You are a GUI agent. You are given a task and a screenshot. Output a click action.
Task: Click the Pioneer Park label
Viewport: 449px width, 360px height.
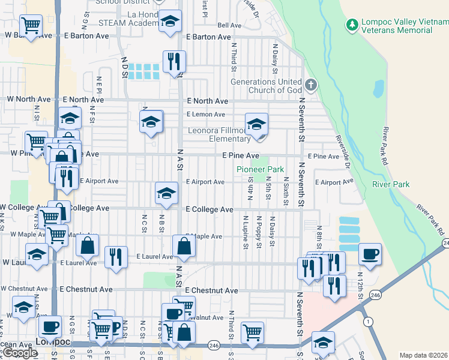(x=260, y=170)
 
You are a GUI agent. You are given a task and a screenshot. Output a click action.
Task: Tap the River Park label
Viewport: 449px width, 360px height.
(x=391, y=184)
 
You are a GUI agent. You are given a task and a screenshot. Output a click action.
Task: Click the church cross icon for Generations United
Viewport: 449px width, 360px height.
(x=310, y=84)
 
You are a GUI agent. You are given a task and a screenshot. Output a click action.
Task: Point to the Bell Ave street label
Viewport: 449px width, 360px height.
(x=229, y=26)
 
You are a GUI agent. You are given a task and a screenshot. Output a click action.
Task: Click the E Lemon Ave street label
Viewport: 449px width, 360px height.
(x=205, y=114)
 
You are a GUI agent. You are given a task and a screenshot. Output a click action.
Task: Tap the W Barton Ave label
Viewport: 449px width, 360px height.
(x=28, y=36)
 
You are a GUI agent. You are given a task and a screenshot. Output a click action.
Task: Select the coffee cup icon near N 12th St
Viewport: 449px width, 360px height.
(x=370, y=253)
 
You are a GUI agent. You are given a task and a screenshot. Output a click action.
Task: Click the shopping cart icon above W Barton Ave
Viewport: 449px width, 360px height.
(x=29, y=25)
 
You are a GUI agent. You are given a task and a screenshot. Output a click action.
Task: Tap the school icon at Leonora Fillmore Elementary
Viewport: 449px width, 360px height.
(x=256, y=124)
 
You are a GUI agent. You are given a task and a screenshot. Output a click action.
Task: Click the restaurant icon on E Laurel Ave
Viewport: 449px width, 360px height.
(x=116, y=256)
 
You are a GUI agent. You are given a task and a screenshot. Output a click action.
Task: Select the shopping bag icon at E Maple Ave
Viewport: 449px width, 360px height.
(x=183, y=246)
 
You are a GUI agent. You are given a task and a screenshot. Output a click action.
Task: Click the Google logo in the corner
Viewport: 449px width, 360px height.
(x=19, y=353)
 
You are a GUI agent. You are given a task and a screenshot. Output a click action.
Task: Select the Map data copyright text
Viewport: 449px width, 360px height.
(x=423, y=355)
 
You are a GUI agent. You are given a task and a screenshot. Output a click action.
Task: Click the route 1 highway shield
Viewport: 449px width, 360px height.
(x=366, y=321)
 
